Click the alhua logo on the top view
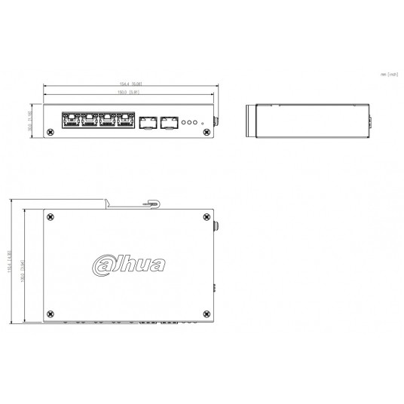pyautogui.click(x=130, y=265)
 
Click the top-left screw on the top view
pyautogui.click(x=50, y=218)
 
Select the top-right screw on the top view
pyautogui.click(x=207, y=218)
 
